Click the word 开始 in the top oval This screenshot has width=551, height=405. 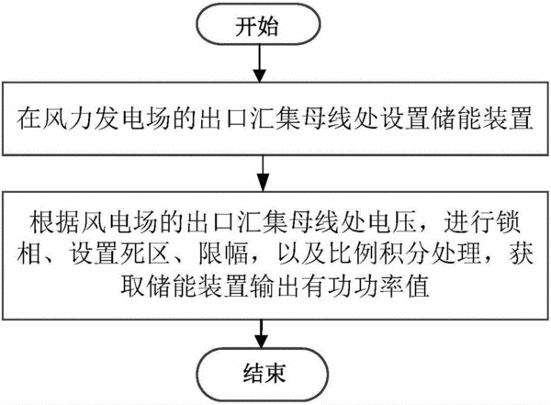point(257,26)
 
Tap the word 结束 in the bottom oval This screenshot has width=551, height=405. point(264,373)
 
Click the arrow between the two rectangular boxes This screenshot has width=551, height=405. point(263,174)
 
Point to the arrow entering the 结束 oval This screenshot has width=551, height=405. point(261,334)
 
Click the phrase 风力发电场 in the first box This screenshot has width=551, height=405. point(107,118)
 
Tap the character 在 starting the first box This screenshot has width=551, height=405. point(28,118)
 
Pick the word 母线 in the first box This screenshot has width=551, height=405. point(328,118)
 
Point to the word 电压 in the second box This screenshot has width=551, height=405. point(391,222)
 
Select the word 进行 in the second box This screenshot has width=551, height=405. point(468,222)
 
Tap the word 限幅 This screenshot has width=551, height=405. point(223,253)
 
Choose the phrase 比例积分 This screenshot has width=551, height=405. point(379,253)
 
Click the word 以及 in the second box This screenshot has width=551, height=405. point(302,253)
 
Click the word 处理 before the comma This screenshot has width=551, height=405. point(456,253)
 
